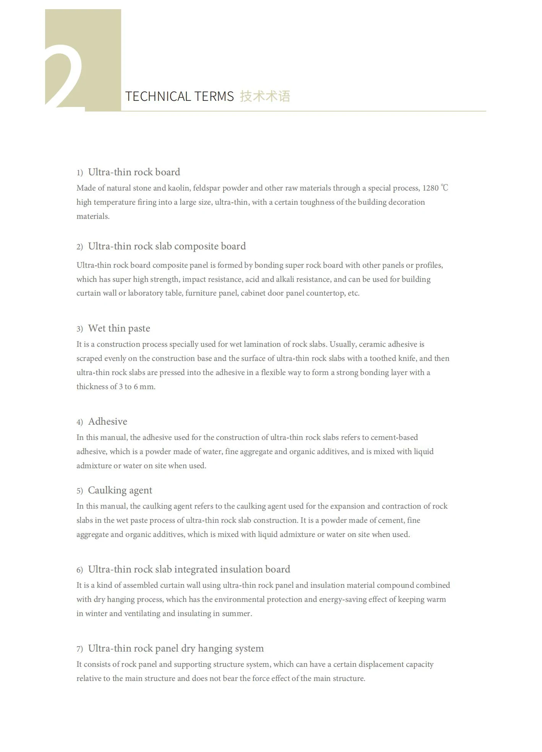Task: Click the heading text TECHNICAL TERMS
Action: [179, 96]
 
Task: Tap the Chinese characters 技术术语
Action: [265, 96]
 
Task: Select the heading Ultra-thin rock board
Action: [134, 172]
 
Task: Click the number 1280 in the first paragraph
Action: [430, 188]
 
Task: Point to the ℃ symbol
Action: [445, 188]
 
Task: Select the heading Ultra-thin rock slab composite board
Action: [167, 246]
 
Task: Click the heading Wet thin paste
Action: [119, 328]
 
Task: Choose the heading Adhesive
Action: [107, 422]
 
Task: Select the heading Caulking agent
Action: [120, 490]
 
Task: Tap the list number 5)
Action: [80, 491]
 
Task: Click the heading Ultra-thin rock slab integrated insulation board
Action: [189, 569]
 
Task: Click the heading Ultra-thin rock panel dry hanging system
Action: [176, 648]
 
